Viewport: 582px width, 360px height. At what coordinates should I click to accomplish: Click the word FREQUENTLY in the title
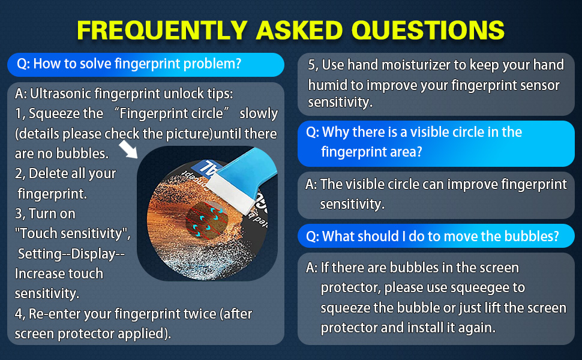pyautogui.click(x=162, y=30)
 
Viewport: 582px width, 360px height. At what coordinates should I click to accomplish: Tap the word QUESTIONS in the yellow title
pyautogui.click(x=428, y=30)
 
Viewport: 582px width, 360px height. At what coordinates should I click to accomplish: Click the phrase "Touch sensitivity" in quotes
pyautogui.click(x=71, y=233)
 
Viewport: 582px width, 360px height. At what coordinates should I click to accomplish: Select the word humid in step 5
pyautogui.click(x=326, y=85)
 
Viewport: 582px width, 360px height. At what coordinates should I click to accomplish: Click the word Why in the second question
pyautogui.click(x=334, y=132)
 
